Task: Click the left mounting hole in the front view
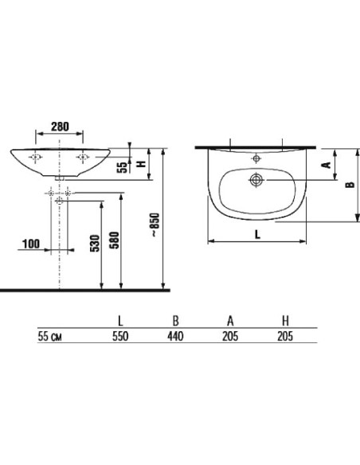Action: click(x=36, y=158)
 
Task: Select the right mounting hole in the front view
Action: click(x=82, y=158)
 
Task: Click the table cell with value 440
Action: click(x=175, y=336)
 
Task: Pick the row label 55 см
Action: click(x=50, y=336)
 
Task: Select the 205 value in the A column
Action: click(x=229, y=336)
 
